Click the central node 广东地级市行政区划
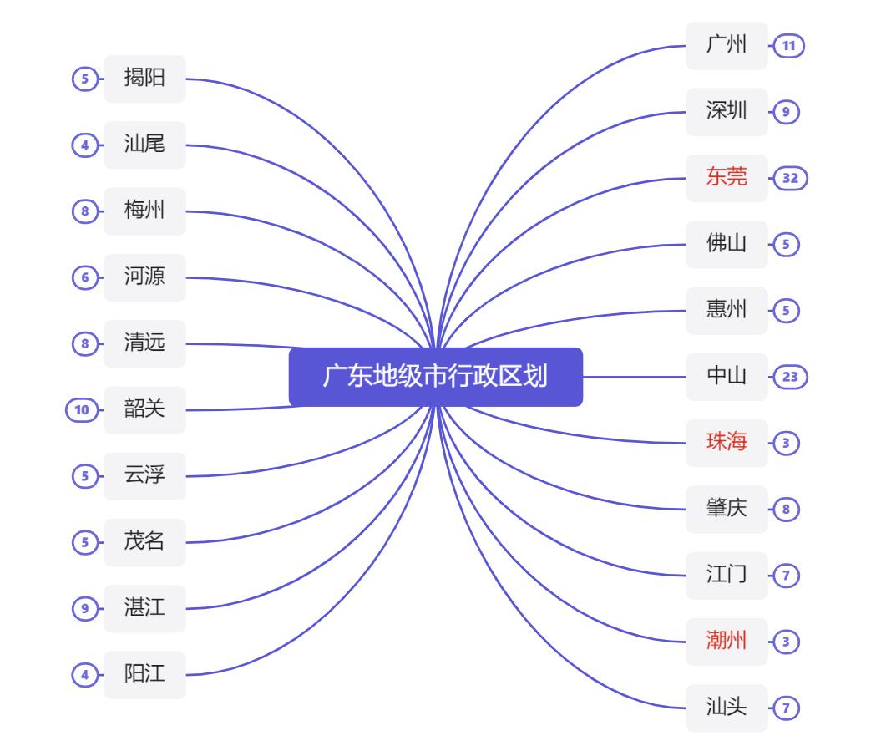click(435, 377)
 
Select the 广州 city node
click(727, 45)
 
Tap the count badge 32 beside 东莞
click(789, 178)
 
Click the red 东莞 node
click(727, 178)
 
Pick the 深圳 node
click(727, 111)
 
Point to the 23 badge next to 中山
click(789, 377)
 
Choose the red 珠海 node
click(727, 443)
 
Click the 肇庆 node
click(727, 509)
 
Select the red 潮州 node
click(727, 642)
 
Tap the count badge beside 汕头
click(786, 708)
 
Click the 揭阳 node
click(144, 79)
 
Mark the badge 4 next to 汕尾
click(84, 145)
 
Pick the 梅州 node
click(144, 211)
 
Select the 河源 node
click(144, 277)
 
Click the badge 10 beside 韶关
click(81, 410)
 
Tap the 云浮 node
click(144, 476)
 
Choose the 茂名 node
click(144, 542)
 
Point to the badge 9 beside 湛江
click(84, 609)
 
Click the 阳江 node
click(144, 675)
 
